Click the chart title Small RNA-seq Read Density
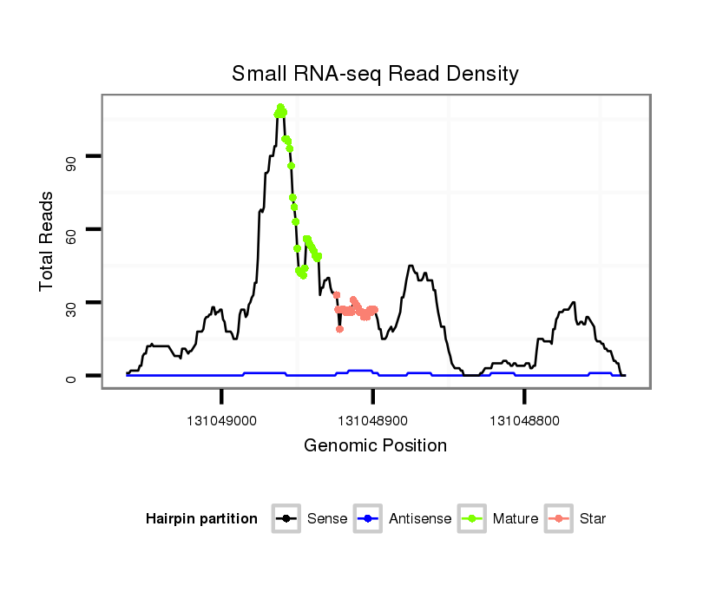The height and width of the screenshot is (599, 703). coord(375,74)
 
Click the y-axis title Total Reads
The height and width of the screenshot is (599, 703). coord(49,240)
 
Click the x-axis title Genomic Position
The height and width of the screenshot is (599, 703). coord(375,446)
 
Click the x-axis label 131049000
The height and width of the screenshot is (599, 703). coord(222,421)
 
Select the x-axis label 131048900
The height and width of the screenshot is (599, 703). coord(373,421)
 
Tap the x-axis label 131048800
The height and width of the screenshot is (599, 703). coord(524,421)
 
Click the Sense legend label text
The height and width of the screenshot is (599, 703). coord(327,519)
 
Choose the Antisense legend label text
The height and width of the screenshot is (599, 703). coord(420,519)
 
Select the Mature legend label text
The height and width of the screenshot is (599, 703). coord(515,519)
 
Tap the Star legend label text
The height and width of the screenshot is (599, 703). coord(592,519)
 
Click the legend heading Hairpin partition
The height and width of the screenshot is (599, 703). coord(201,519)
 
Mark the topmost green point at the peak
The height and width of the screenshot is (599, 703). coord(280,108)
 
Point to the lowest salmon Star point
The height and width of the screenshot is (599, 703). coord(339,329)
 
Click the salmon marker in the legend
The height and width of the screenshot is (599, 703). coord(561,519)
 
